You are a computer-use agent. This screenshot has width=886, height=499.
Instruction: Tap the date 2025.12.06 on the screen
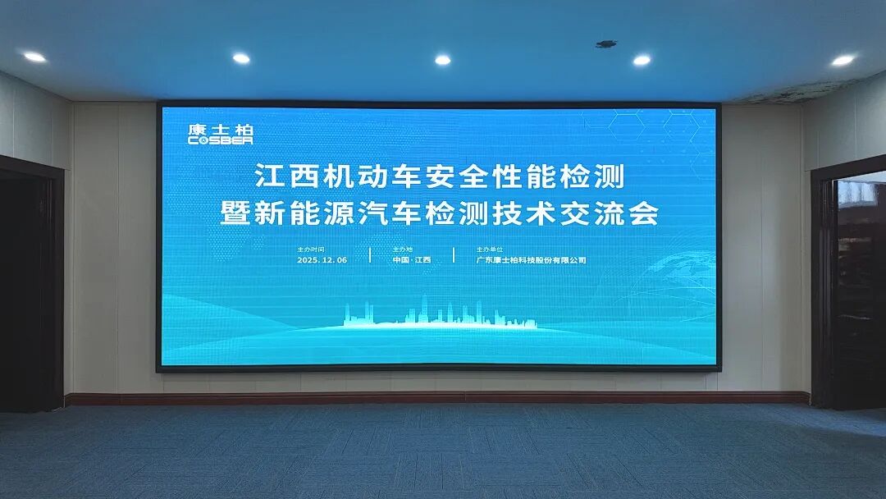[x=322, y=259]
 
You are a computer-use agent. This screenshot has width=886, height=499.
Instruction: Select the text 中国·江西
[x=411, y=259]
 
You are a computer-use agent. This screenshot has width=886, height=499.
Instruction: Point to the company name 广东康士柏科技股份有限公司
[x=532, y=259]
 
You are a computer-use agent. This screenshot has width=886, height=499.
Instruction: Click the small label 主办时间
[x=311, y=248]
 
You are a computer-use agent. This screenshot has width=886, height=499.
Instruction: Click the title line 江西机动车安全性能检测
[x=440, y=176]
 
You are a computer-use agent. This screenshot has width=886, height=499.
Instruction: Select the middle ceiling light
[x=442, y=60]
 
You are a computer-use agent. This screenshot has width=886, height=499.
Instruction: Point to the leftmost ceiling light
[x=34, y=57]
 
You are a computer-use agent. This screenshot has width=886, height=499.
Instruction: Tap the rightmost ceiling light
[x=843, y=60]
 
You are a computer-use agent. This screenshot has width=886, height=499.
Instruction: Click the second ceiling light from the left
[x=241, y=58]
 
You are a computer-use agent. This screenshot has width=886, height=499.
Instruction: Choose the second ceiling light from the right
[x=642, y=60]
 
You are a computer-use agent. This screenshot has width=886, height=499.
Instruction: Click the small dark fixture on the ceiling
[x=606, y=43]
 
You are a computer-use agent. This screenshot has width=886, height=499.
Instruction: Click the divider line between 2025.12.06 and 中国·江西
[x=370, y=254]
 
